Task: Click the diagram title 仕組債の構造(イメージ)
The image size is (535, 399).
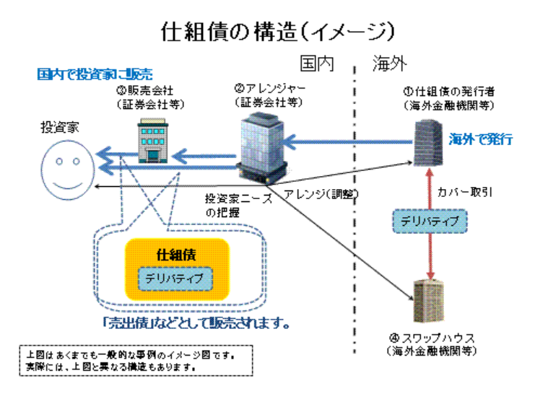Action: point(278,32)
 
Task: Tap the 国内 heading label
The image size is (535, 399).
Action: point(317,63)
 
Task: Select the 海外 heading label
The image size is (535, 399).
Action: point(390,63)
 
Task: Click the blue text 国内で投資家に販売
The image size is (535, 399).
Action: point(95,74)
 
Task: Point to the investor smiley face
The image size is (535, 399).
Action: point(68,170)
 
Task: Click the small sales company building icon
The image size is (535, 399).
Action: point(152,141)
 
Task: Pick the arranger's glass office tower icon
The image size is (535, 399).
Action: point(263,149)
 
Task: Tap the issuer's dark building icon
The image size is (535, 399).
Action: point(428,143)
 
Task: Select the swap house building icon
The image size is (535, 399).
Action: point(429,301)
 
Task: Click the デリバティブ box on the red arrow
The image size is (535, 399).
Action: point(430,222)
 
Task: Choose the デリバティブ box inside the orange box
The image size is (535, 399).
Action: point(175,279)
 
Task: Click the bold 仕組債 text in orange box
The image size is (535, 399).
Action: point(176,255)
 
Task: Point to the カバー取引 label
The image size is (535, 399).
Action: point(465,193)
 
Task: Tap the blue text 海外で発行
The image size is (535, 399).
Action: point(480,139)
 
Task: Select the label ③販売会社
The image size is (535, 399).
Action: point(144,91)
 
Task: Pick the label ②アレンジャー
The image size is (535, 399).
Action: point(269,89)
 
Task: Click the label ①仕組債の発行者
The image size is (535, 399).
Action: point(449,92)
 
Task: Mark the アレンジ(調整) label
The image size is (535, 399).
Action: point(321,194)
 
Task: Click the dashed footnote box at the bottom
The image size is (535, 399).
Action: point(136,361)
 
